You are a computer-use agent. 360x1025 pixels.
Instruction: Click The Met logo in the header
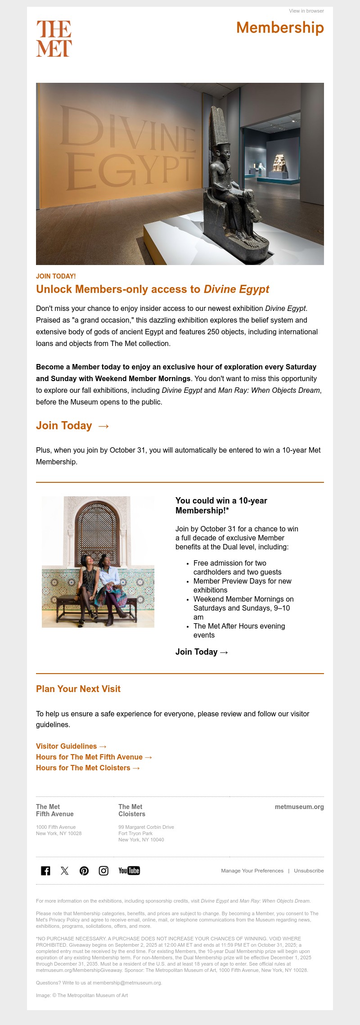point(54,38)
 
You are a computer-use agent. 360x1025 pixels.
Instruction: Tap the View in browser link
point(306,11)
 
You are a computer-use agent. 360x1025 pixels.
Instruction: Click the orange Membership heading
point(280,27)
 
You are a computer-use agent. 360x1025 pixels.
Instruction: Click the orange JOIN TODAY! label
point(56,276)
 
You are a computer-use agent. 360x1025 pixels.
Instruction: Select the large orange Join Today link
point(72,426)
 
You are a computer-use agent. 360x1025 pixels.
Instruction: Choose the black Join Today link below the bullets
point(202,652)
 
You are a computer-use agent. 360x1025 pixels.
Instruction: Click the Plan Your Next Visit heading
point(78,689)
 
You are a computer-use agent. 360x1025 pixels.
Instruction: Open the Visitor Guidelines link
point(71,746)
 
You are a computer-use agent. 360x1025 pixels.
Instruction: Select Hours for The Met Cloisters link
point(88,768)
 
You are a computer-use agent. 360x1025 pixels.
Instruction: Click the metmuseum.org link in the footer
point(299,807)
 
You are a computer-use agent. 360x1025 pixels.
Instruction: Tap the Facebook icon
point(45,871)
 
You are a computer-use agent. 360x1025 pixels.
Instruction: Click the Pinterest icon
point(84,871)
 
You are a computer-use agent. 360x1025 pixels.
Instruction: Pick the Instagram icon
point(103,871)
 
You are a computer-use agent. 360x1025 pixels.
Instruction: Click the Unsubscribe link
point(309,871)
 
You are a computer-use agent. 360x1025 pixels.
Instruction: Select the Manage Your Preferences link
point(252,871)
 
